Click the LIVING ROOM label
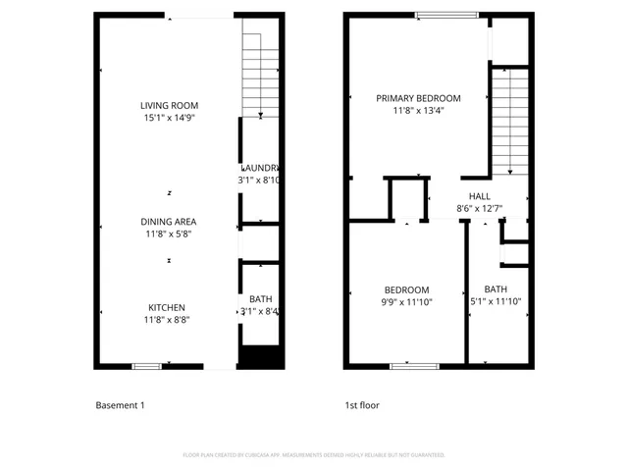click(169, 105)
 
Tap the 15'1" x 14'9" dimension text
click(169, 118)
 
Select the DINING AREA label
click(169, 222)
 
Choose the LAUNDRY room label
click(260, 168)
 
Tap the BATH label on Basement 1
click(260, 299)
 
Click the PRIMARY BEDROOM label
click(419, 98)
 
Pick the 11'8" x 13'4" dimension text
click(419, 111)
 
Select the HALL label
click(479, 196)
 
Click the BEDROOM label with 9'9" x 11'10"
click(406, 289)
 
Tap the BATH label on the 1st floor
click(496, 289)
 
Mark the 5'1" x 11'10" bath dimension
click(496, 302)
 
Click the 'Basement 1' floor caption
click(120, 404)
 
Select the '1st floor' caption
click(361, 404)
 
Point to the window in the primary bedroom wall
click(446, 15)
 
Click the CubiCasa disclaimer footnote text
click(314, 455)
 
